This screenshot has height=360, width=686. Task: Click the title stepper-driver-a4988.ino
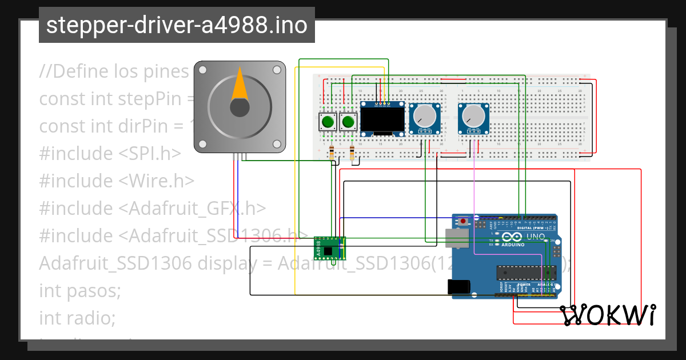[177, 25]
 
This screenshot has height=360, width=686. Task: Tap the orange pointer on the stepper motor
[239, 86]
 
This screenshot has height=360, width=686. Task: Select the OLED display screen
[382, 120]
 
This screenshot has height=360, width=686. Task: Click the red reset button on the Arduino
[462, 221]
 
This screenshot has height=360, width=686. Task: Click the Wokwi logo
[607, 315]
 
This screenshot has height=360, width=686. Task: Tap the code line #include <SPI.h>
[110, 154]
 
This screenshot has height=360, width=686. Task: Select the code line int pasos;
[80, 290]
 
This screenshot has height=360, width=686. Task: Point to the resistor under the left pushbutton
[333, 152]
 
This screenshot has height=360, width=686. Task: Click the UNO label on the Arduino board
[535, 237]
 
